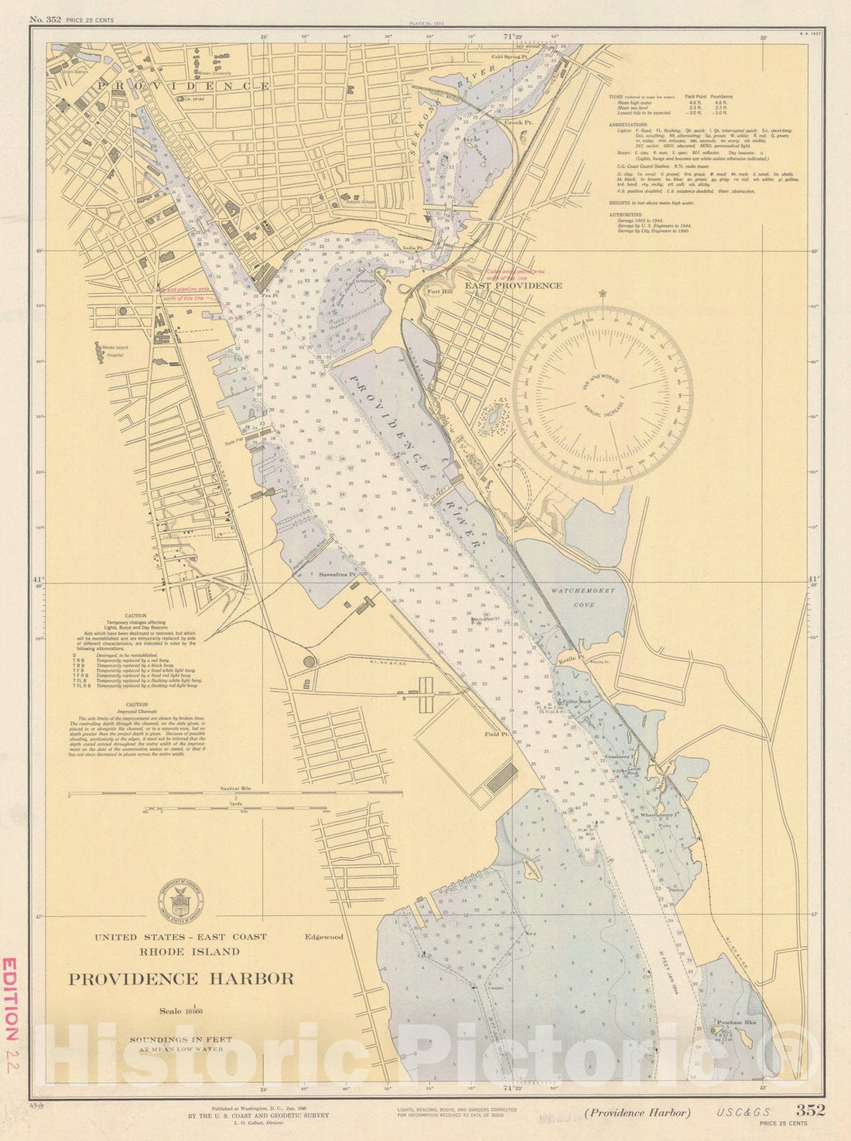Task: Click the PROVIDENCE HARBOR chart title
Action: tap(181, 978)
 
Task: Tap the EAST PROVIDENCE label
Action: tap(513, 286)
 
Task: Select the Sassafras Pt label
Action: tap(337, 575)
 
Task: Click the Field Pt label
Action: tap(495, 734)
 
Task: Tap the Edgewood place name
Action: tap(323, 937)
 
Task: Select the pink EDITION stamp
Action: tap(10, 999)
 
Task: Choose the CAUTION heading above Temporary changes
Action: tap(135, 616)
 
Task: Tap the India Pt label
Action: tap(412, 248)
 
